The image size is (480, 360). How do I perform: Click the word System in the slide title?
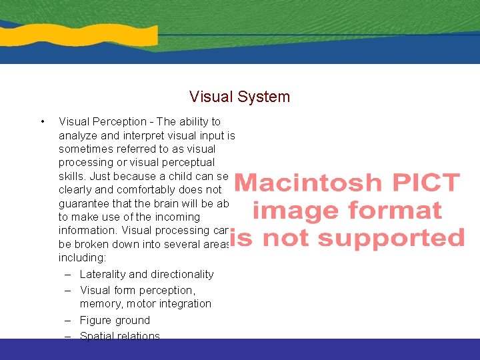coord(265,97)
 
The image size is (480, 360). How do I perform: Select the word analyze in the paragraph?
coord(78,135)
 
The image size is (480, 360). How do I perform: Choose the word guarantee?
coord(83,203)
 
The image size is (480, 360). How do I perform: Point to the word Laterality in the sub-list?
coord(101,274)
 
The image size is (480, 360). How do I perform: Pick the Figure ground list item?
coord(115,320)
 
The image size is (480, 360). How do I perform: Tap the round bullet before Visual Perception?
coord(42,121)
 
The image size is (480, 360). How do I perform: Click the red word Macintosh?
coord(308,183)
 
